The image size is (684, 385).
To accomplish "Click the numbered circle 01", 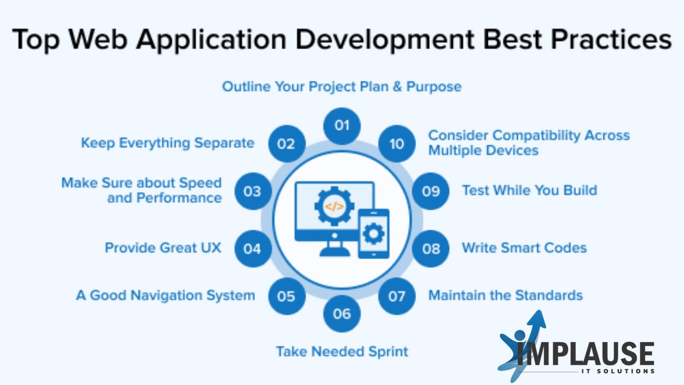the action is point(342,126).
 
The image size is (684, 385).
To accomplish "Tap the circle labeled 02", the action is point(287,144).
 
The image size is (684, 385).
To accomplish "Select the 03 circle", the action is point(253,191).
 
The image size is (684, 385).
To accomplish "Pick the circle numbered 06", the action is point(342,314).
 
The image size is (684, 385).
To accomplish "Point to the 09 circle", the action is point(430,191).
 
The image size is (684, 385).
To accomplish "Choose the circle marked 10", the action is point(397,144).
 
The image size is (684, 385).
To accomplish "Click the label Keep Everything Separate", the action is point(167,143).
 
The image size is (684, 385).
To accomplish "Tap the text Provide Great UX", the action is point(163,248).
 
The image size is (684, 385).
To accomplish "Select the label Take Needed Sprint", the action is point(342,352).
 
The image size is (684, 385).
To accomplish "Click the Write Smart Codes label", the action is point(524,248).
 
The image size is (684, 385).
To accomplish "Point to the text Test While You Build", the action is point(530,190).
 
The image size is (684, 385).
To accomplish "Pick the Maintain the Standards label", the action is point(505,296).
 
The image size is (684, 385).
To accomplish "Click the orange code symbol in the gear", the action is point(334,207).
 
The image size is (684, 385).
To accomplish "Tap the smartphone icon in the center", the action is point(374,234).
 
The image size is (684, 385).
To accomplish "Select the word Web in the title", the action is point(97,39).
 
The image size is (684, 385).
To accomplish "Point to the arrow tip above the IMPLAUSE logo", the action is point(541,311).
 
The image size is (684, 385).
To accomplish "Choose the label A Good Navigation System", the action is point(165,296).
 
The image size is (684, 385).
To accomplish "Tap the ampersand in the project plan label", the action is point(397,87).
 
